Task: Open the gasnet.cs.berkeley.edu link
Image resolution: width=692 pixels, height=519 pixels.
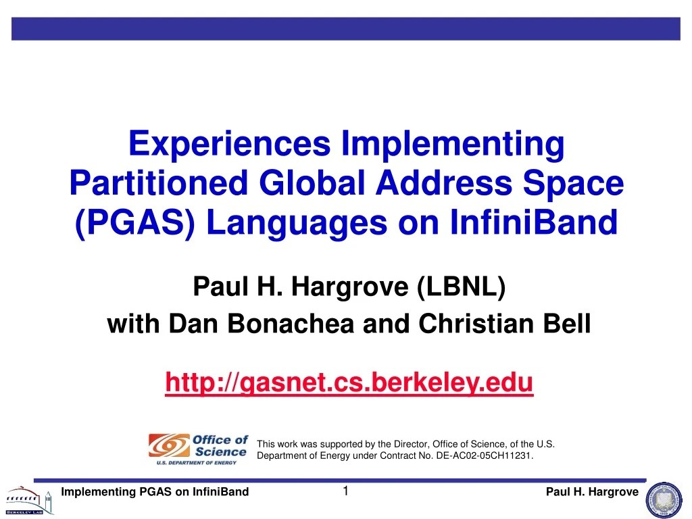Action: [x=349, y=382]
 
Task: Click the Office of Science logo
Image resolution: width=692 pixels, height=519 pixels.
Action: [x=199, y=449]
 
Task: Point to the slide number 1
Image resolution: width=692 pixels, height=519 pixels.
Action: [x=345, y=491]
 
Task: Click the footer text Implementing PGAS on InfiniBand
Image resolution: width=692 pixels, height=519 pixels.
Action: [x=155, y=492]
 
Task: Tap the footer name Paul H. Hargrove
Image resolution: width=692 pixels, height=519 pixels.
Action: [x=591, y=492]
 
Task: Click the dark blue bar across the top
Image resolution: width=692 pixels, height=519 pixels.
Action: [x=346, y=28]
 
